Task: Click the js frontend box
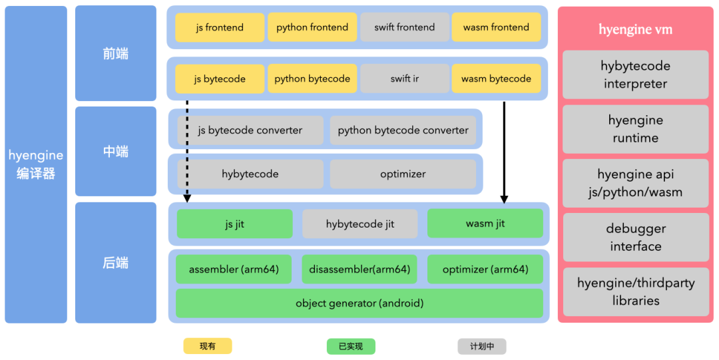click(220, 27)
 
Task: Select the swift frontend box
click(405, 27)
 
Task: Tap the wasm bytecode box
click(496, 79)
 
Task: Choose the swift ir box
click(405, 79)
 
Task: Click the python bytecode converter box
click(403, 130)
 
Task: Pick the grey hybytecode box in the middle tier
click(250, 174)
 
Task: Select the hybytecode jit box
click(360, 224)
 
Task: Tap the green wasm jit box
click(485, 224)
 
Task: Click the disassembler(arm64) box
click(359, 270)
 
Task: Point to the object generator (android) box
click(359, 303)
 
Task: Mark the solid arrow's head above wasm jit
click(505, 200)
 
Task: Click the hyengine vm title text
click(636, 29)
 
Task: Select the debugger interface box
click(636, 237)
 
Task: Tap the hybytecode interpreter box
click(636, 75)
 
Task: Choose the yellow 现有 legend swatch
click(208, 346)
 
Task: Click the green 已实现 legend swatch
click(351, 346)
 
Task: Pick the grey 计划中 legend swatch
click(482, 346)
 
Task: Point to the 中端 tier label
click(116, 151)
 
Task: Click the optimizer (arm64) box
click(485, 270)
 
